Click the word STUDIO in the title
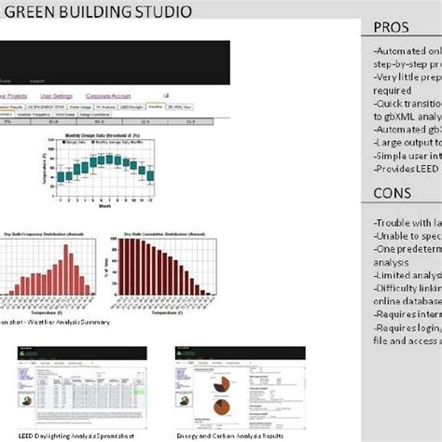162,12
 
